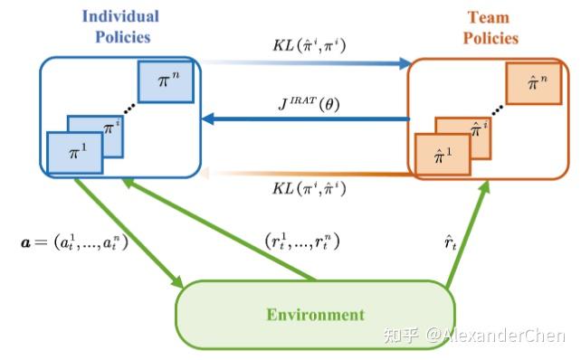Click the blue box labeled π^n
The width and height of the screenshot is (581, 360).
[x=164, y=82]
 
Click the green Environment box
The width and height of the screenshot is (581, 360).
[x=315, y=315]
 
